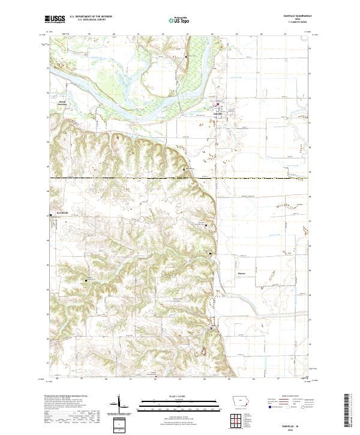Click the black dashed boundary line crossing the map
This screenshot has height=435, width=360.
tap(180, 178)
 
